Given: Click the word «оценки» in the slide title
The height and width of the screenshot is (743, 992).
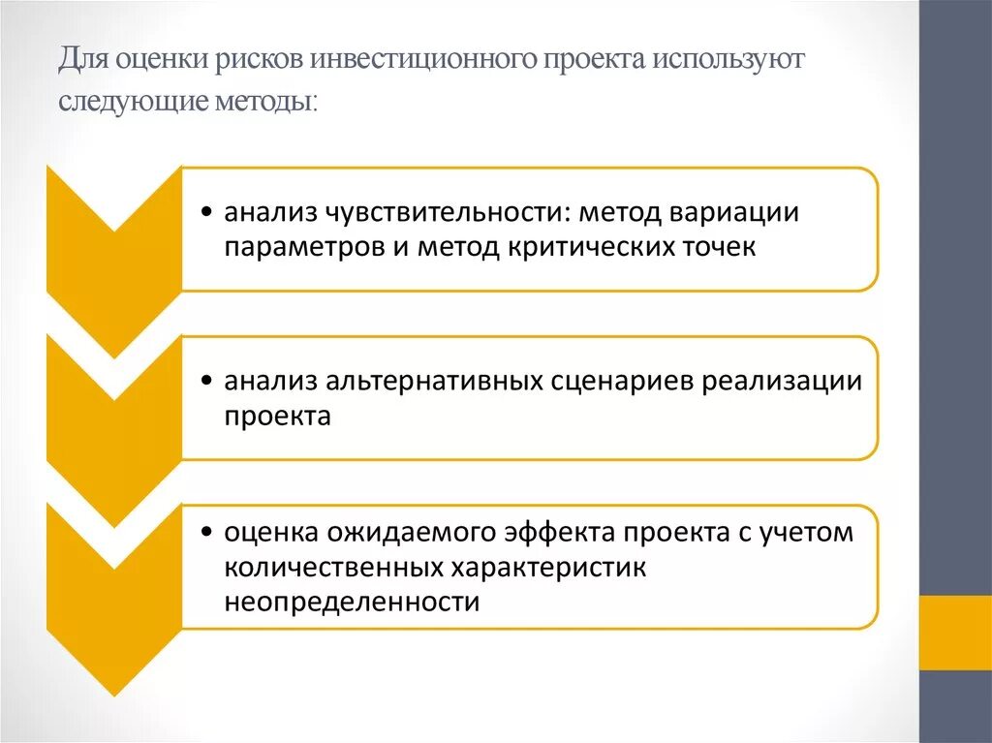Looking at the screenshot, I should click(154, 61).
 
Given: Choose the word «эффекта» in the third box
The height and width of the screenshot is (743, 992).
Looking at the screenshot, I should click(563, 532).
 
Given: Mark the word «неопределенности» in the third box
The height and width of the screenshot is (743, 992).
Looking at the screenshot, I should click(353, 602).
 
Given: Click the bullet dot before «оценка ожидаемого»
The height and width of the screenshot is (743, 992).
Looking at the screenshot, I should click(209, 533).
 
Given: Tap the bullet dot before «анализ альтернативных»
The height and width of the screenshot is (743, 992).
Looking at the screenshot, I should click(209, 382).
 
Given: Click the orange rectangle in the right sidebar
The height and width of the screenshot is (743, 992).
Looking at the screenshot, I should click(955, 632).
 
